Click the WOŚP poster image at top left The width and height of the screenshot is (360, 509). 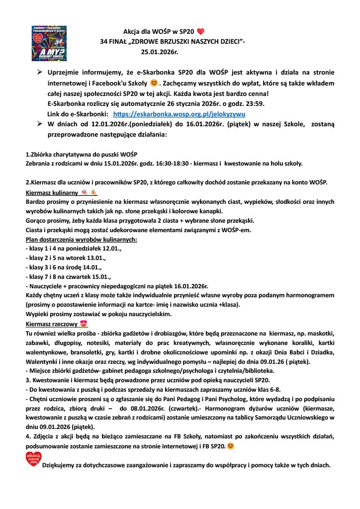click(49, 41)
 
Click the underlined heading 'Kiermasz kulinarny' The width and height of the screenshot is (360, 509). click(50, 192)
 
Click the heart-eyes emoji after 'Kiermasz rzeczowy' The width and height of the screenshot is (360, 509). click(84, 323)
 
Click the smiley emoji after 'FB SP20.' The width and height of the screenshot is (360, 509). click(231, 445)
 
